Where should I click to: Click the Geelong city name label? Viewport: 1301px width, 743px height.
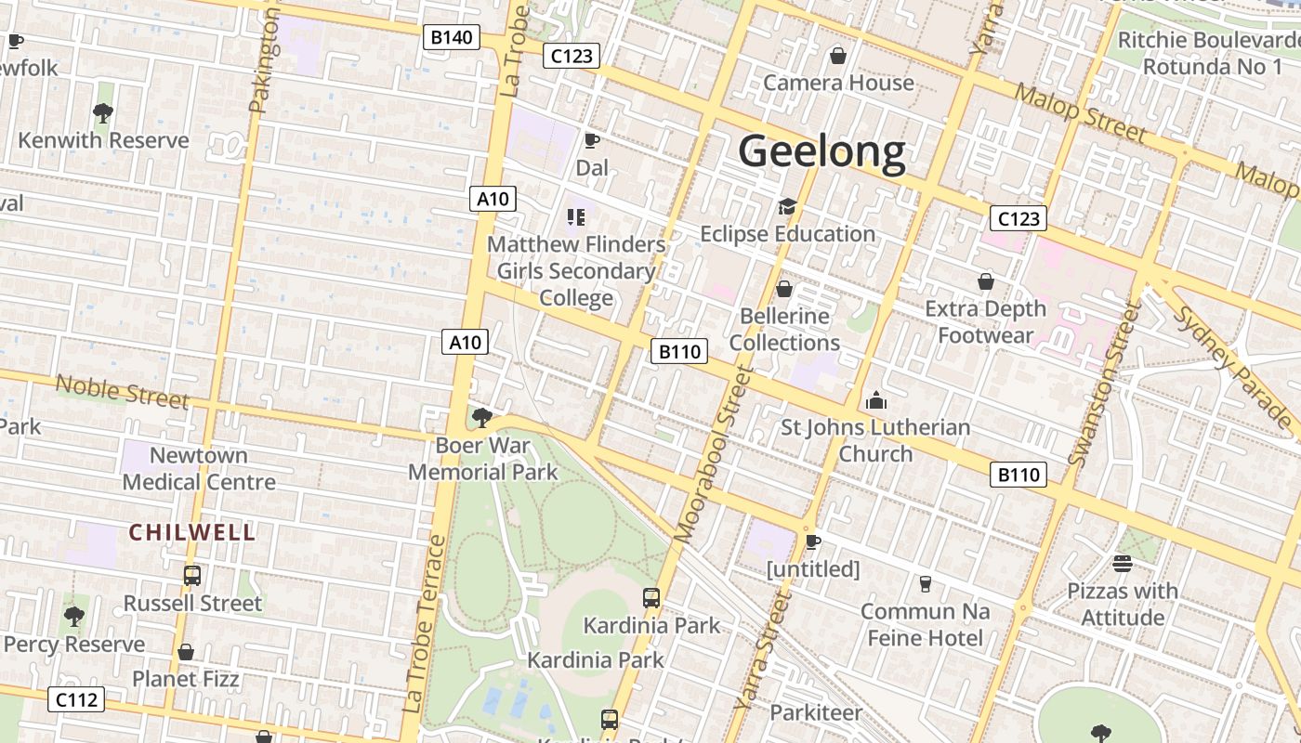coord(821,151)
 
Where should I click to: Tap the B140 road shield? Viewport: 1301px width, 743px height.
coord(452,38)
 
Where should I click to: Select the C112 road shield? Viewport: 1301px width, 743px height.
coord(76,699)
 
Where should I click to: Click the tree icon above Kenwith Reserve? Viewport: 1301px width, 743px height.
coord(103,113)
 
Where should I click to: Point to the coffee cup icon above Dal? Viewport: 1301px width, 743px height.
coord(591,140)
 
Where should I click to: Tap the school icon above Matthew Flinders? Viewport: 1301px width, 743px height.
coord(576,217)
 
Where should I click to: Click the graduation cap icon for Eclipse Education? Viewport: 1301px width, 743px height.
coord(787,206)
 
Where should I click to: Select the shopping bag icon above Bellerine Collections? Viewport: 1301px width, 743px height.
coord(784,289)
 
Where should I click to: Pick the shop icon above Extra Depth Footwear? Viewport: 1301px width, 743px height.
coord(985,280)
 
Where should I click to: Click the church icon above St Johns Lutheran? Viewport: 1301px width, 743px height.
coord(875,400)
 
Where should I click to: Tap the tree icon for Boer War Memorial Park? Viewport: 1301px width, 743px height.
coord(481,417)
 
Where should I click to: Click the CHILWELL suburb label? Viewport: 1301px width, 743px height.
coord(192,532)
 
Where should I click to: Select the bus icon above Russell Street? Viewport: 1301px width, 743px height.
coord(192,576)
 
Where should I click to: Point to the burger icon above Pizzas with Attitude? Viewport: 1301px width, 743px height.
coord(1122,564)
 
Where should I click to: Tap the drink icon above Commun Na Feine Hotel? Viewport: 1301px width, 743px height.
coord(925,584)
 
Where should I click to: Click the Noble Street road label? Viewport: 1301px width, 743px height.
coord(122,391)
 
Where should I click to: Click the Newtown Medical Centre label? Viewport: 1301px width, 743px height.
coord(199,468)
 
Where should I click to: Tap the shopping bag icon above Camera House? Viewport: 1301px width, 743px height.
coord(838,56)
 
